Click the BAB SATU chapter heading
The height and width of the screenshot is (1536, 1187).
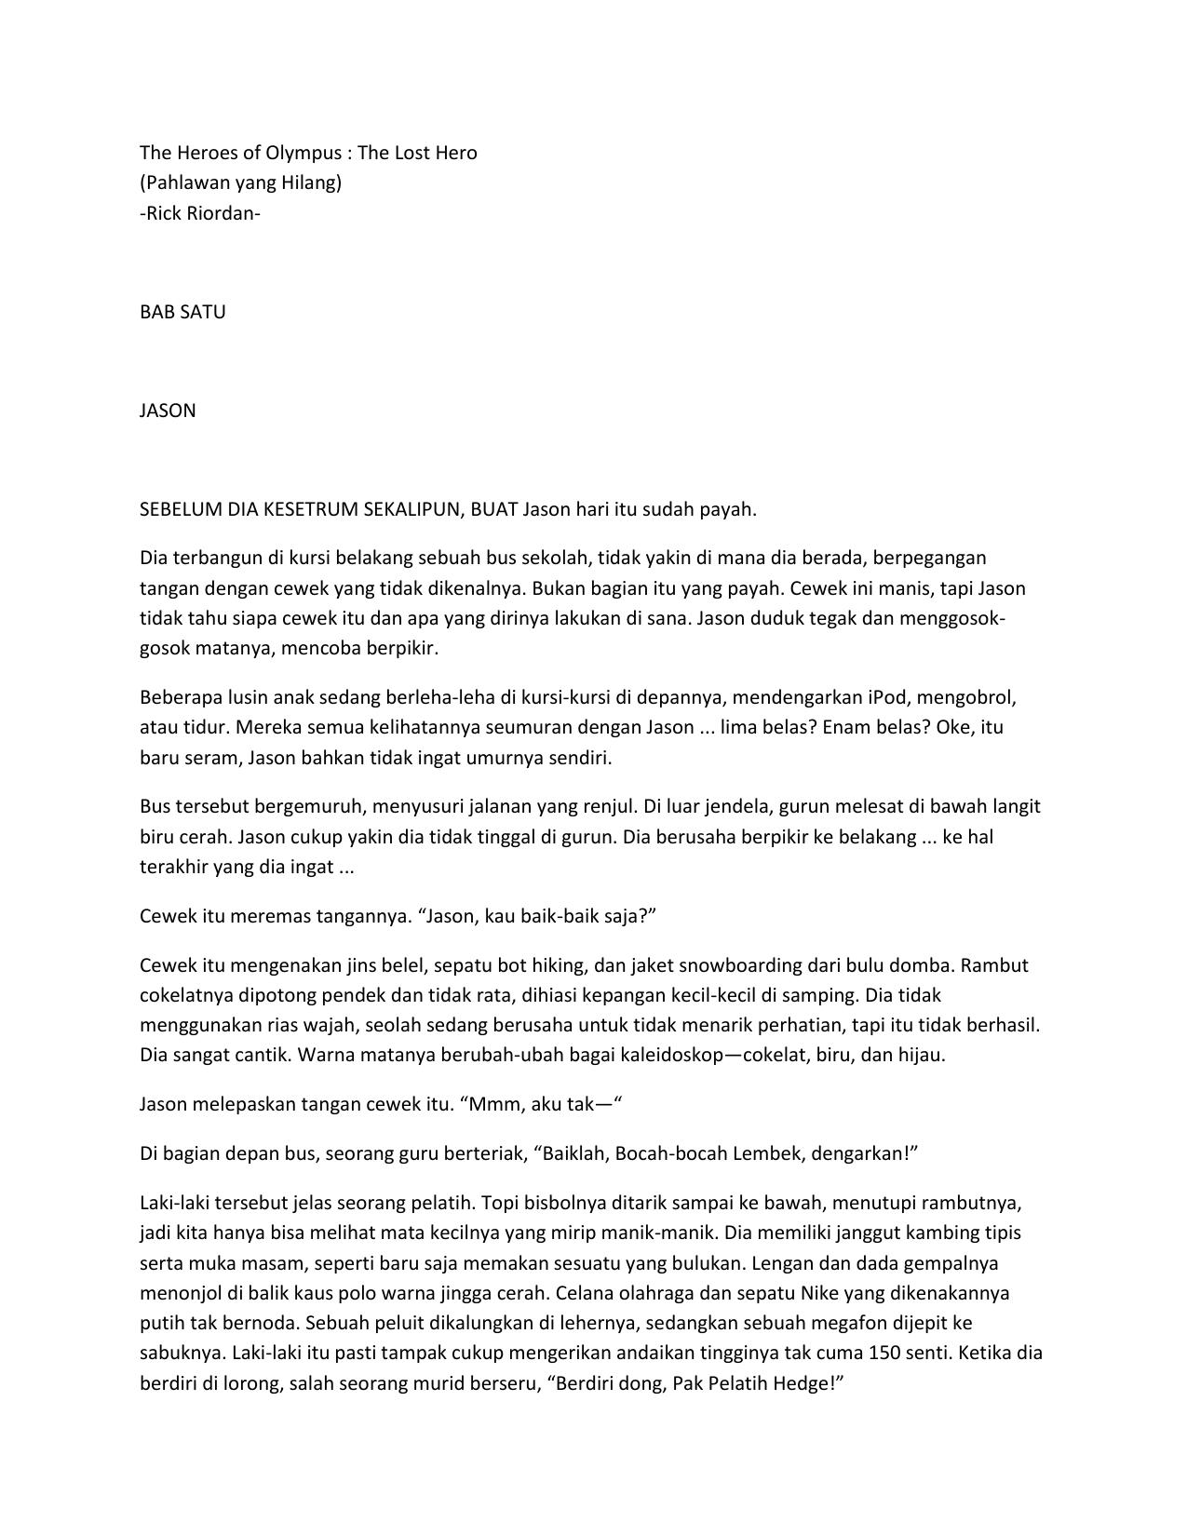point(182,312)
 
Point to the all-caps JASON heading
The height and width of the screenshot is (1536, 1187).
point(168,411)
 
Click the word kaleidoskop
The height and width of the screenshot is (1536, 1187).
point(634,1056)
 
